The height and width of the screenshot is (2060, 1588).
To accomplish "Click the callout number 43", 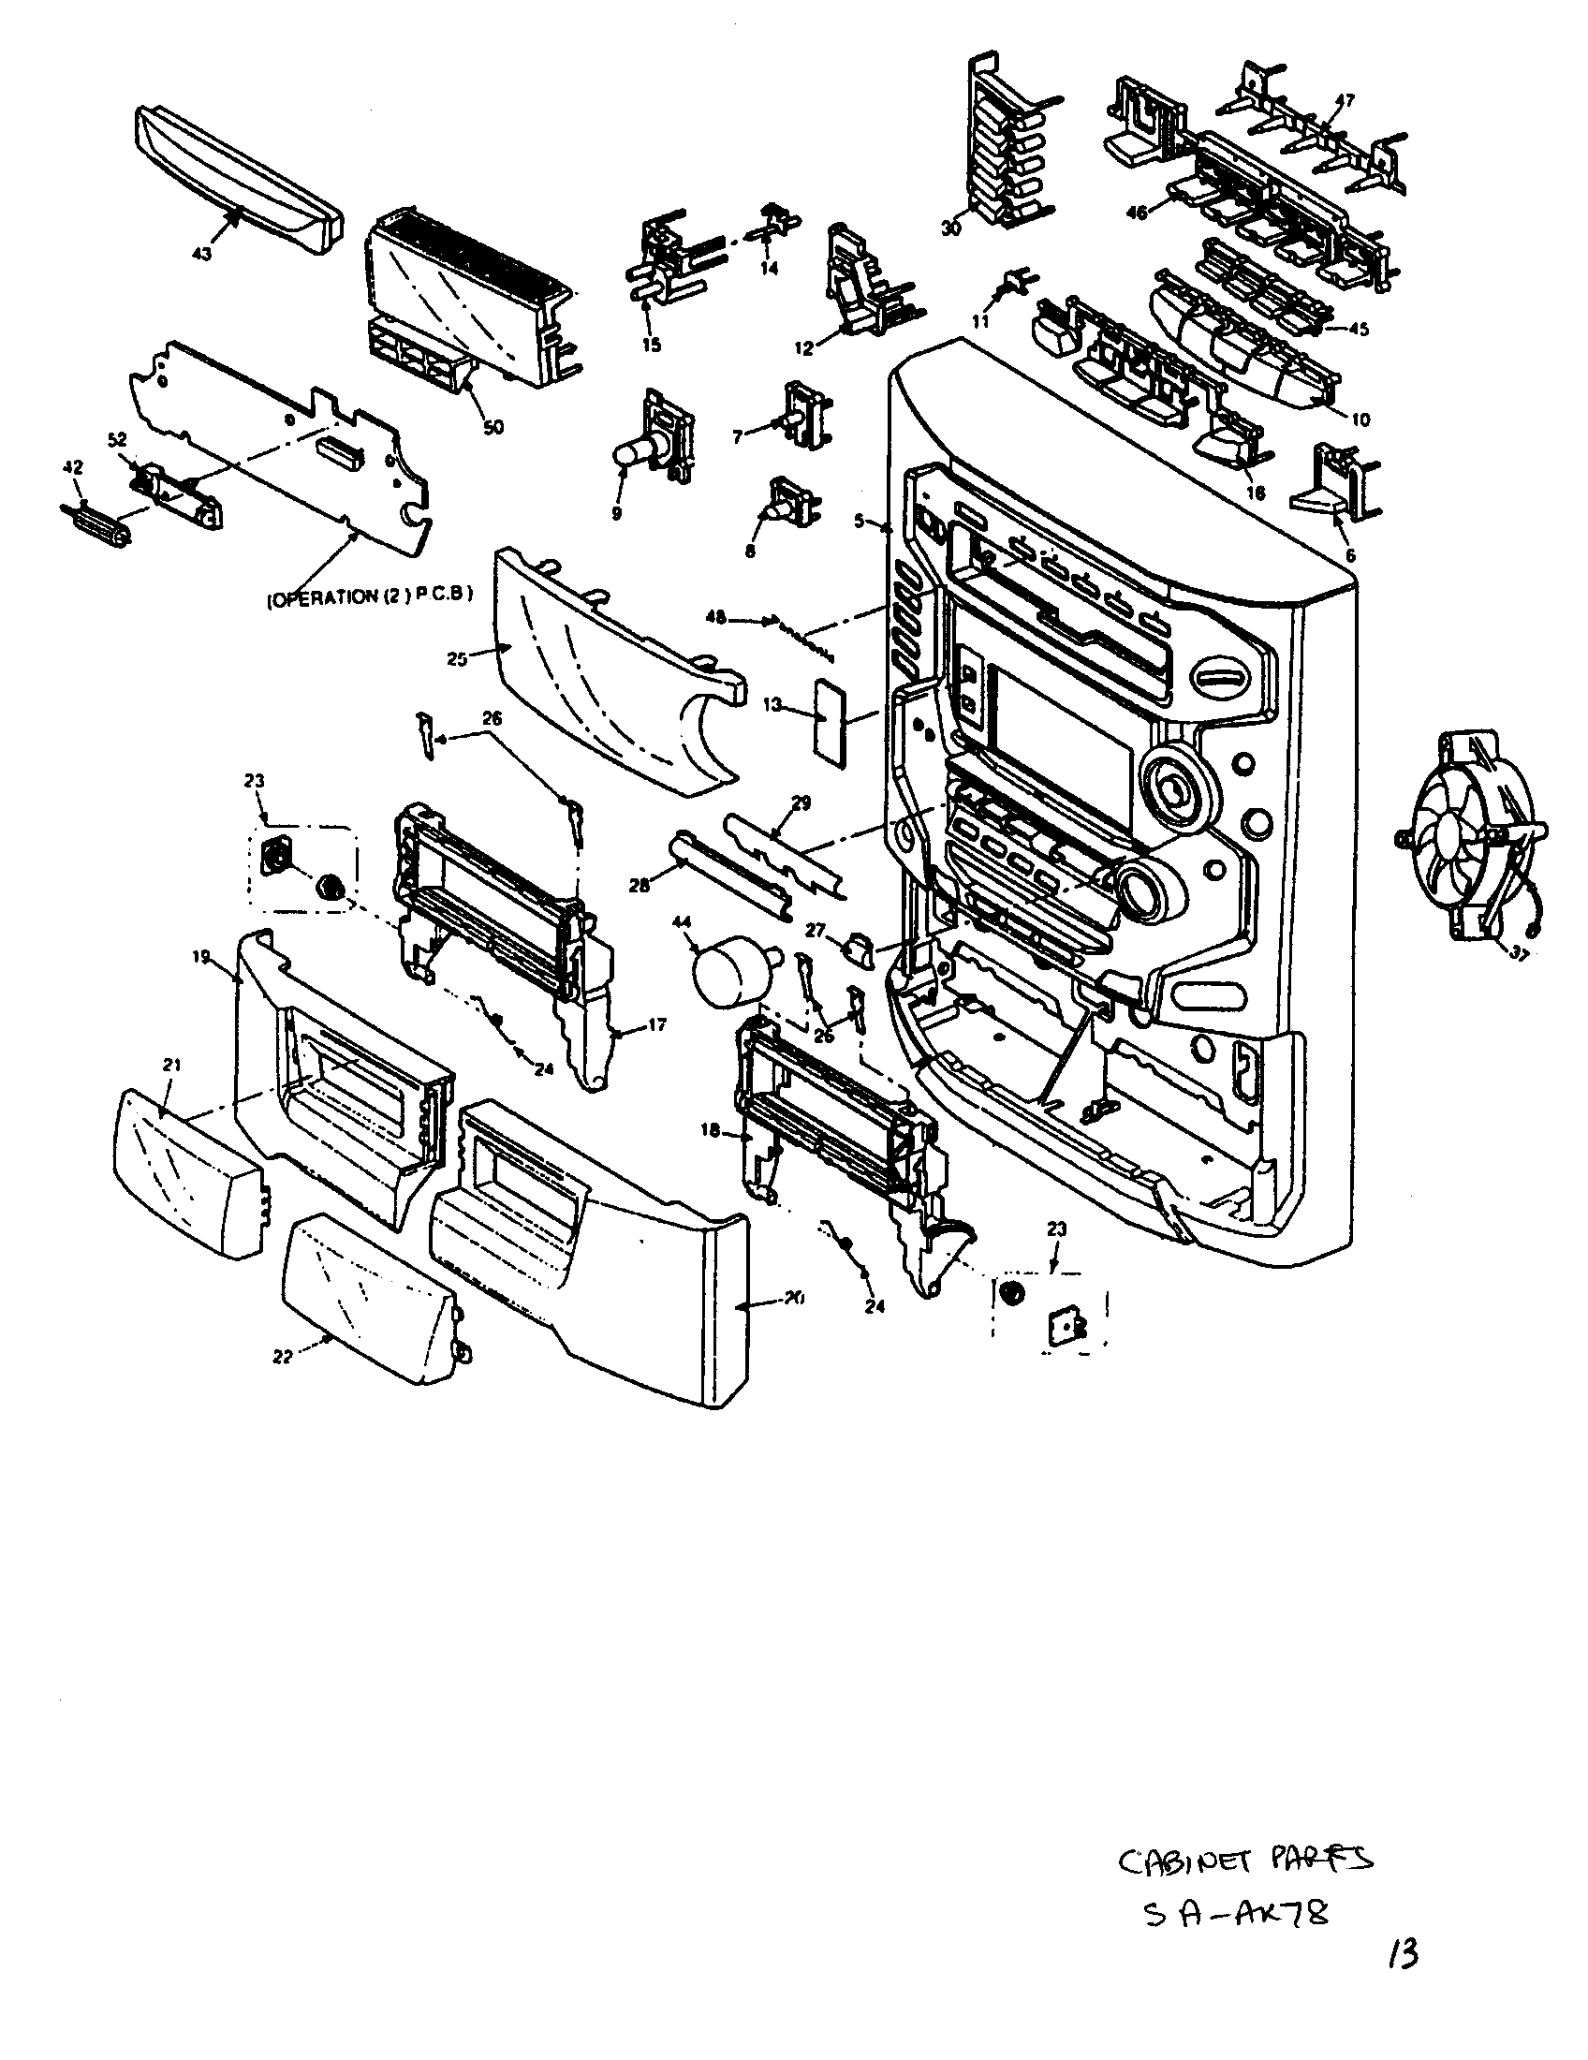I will [202, 254].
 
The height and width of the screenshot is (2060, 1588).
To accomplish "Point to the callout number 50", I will [493, 427].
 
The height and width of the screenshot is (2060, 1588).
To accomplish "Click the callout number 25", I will [457, 659].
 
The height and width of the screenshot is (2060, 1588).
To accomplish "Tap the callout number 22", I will [282, 1357].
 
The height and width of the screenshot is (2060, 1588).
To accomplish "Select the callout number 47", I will [1345, 101].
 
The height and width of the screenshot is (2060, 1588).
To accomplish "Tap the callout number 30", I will [950, 228].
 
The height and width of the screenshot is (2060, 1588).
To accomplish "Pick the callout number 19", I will [201, 955].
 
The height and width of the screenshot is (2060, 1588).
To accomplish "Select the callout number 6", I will [1350, 556].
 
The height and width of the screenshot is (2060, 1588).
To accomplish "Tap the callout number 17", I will [657, 1023].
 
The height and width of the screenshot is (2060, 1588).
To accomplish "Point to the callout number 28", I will [640, 885].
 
